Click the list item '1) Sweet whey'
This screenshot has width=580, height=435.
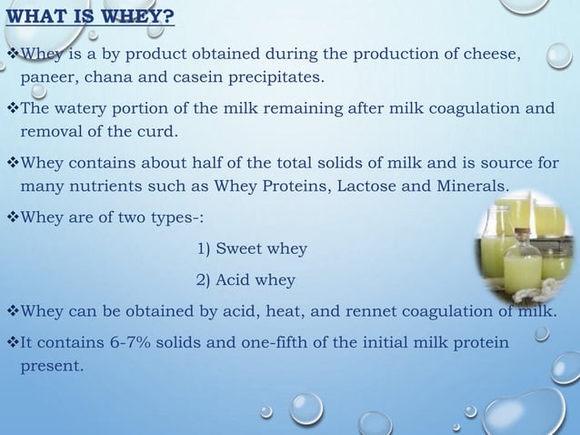252,249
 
